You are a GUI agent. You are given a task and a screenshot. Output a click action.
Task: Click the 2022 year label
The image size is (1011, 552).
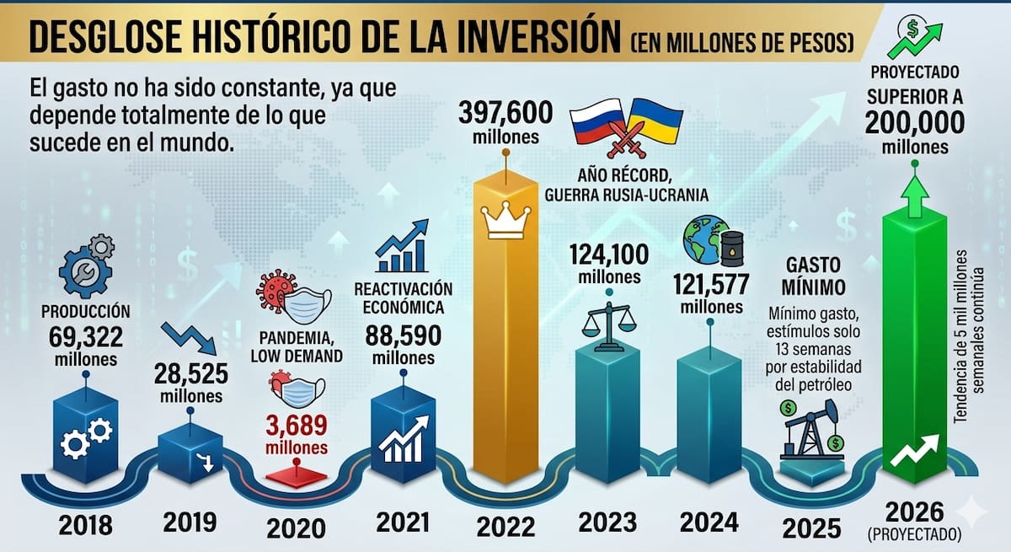click(505, 527)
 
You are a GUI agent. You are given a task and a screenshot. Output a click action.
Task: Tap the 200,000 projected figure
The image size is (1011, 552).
click(914, 124)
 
